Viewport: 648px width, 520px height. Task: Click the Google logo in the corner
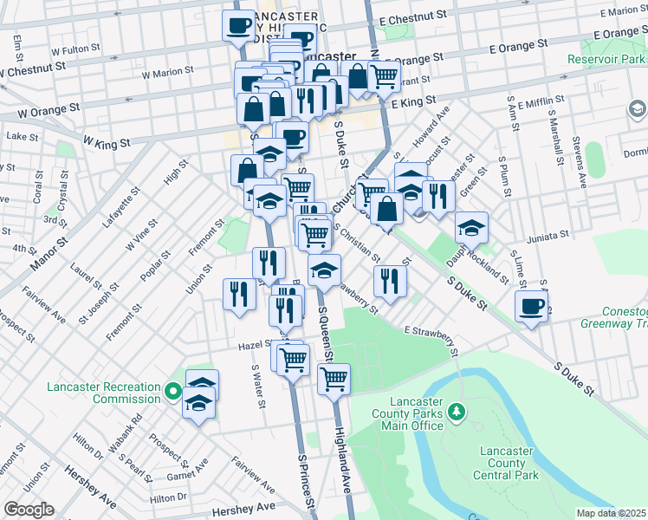(29, 510)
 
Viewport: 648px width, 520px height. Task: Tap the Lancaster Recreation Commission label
(104, 393)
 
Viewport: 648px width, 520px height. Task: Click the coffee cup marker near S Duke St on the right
(531, 307)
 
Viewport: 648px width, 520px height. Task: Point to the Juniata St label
(549, 234)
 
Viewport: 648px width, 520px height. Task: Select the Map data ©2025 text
(611, 513)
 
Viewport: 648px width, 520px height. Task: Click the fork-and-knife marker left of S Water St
(239, 295)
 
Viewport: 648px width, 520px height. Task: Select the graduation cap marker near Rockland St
(471, 229)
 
